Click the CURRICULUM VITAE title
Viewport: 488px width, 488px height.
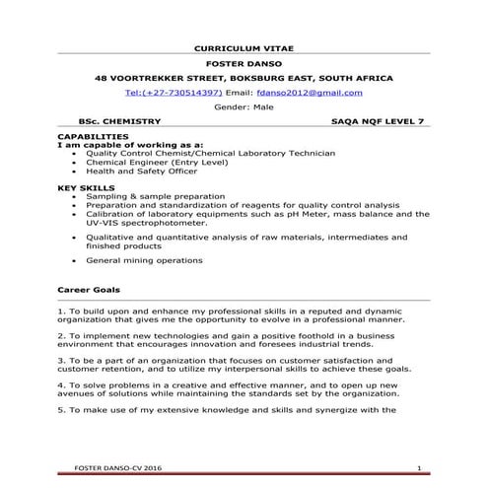pyautogui.click(x=244, y=46)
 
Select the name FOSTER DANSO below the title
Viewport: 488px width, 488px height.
pyautogui.click(x=244, y=62)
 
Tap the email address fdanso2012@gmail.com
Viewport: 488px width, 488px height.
pyautogui.click(x=309, y=92)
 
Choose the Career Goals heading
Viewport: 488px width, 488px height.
pyautogui.click(x=90, y=291)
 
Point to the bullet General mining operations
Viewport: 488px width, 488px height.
pyautogui.click(x=144, y=260)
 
